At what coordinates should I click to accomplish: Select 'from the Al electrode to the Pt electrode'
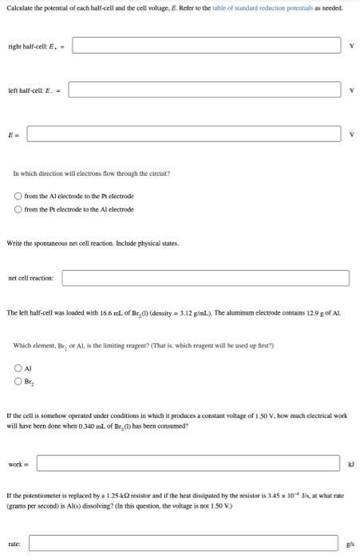(x=19, y=196)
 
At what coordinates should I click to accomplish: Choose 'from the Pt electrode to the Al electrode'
(x=19, y=209)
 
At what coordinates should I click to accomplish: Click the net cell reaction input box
(x=205, y=278)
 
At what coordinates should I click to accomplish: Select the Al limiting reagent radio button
(x=19, y=369)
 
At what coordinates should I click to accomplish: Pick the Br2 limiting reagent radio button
(x=19, y=382)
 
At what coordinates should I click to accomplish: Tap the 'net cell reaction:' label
(x=30, y=278)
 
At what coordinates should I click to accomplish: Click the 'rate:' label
(x=14, y=544)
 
